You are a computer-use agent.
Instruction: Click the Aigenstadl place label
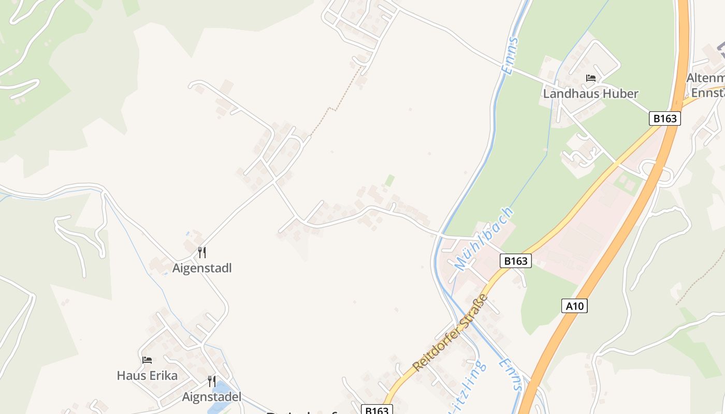click(202, 268)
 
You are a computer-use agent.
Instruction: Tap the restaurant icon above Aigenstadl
click(202, 253)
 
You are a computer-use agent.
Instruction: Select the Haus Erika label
click(147, 375)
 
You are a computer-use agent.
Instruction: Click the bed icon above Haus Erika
click(147, 360)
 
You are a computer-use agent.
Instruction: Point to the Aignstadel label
click(212, 397)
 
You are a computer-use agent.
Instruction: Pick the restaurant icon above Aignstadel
click(212, 381)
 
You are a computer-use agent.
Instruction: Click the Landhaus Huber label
click(590, 94)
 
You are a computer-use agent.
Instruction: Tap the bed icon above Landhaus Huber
click(590, 78)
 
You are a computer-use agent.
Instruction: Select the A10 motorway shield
click(575, 306)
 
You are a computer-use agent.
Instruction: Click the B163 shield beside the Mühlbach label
click(516, 261)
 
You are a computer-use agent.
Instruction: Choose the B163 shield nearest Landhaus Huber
click(665, 118)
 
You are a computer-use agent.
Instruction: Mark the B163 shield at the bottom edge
click(377, 409)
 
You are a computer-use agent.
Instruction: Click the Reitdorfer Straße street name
click(451, 332)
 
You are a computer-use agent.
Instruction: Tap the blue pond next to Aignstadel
click(219, 398)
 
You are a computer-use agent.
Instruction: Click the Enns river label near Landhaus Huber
click(510, 55)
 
